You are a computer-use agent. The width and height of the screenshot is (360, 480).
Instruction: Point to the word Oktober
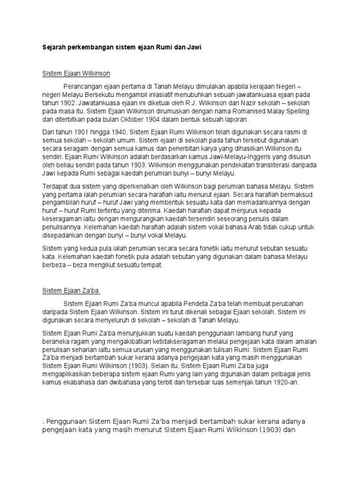coord(135,120)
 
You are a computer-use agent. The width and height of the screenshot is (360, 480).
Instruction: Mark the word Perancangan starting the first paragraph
coord(85,87)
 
